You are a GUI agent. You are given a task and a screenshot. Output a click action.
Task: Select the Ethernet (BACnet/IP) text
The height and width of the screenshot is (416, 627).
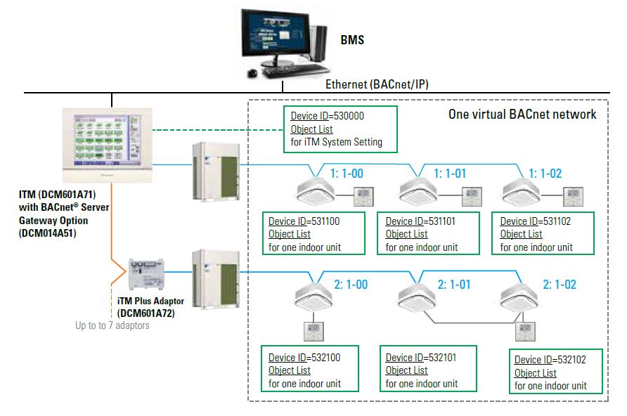click(377, 84)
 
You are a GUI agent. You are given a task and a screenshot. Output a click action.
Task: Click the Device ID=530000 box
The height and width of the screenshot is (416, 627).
click(340, 129)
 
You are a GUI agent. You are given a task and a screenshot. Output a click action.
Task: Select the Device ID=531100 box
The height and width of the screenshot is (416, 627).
click(313, 234)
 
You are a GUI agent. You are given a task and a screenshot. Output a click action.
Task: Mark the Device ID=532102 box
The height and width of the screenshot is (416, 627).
click(559, 372)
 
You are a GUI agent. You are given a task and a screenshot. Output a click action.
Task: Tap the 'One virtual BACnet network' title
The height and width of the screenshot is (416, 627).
click(522, 115)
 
